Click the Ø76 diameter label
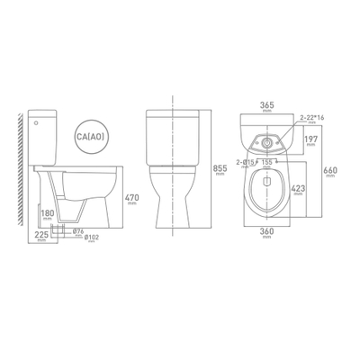pos(78,231)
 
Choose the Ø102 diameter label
pos(88,240)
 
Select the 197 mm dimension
pos(310,140)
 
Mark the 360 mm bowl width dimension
pos(267,233)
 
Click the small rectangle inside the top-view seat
pos(267,179)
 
